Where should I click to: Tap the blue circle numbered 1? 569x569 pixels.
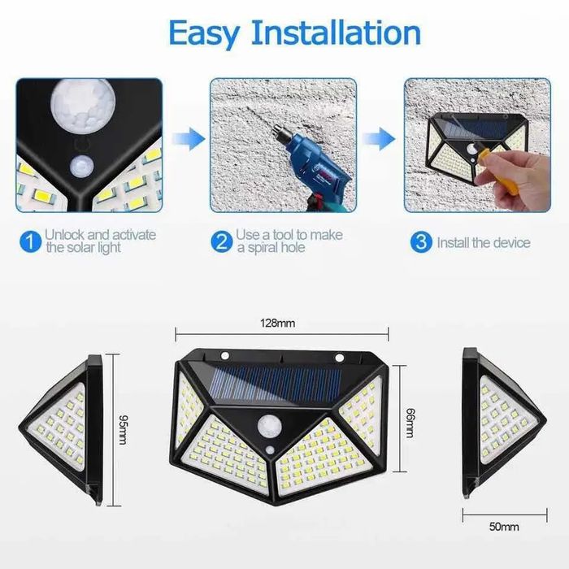[29, 241]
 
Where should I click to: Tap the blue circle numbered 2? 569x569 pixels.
[221, 241]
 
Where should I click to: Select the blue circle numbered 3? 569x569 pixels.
[420, 241]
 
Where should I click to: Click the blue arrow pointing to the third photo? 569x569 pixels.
[379, 137]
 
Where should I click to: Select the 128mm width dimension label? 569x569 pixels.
[280, 323]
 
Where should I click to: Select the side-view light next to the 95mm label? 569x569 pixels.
[62, 427]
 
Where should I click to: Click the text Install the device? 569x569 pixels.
[483, 242]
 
